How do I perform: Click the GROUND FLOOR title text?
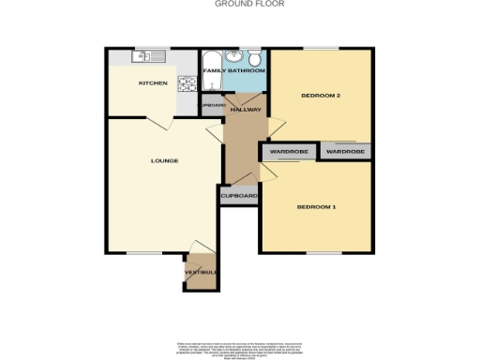[237, 4]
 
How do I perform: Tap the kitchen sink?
[145, 57]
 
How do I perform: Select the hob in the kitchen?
[187, 82]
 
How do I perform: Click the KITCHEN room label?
[153, 83]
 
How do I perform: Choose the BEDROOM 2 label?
[320, 96]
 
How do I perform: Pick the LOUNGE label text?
[164, 160]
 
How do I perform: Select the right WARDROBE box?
[345, 151]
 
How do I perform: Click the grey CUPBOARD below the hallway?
[238, 196]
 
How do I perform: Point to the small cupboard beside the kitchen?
[211, 105]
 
